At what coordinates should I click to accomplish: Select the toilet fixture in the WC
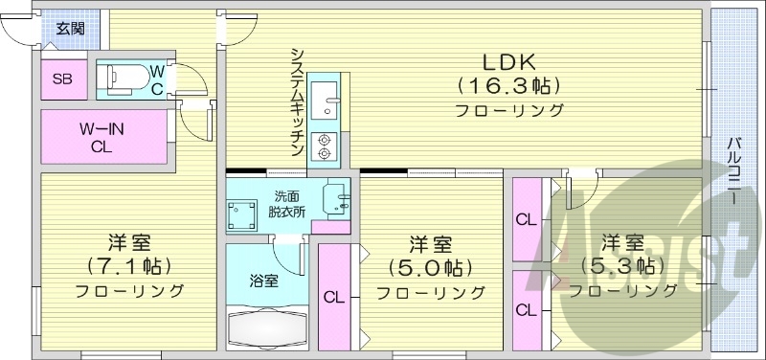123,78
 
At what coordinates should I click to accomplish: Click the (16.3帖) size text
508,85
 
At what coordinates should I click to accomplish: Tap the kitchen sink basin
324,96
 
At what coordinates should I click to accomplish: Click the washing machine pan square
243,214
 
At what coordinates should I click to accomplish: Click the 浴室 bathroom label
263,282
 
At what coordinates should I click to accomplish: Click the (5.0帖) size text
430,267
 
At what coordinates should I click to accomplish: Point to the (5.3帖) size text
620,265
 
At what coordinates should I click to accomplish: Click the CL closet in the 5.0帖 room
333,297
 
